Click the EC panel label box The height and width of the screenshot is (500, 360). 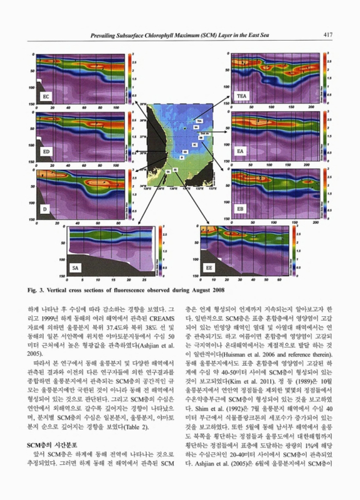(47, 97)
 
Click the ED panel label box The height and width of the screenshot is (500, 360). (47, 152)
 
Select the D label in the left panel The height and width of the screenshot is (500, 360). (45, 207)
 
